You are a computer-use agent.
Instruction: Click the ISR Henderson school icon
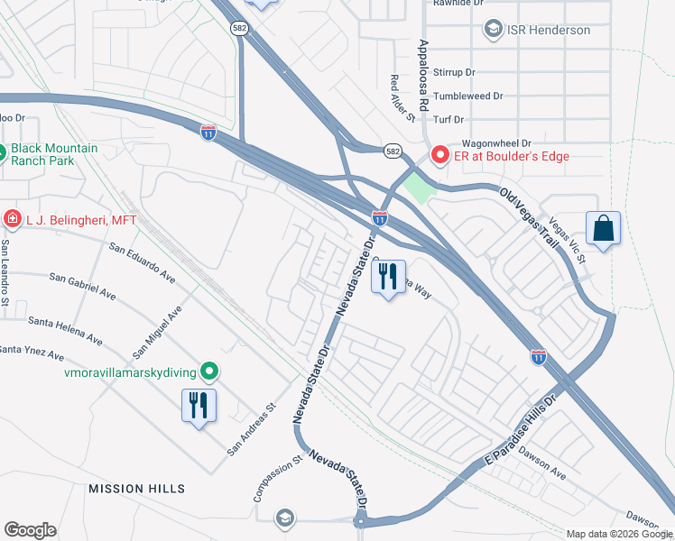point(493,30)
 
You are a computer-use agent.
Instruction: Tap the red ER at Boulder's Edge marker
point(440,156)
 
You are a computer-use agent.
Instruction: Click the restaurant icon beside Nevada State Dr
point(389,277)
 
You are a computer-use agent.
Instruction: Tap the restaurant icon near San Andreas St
point(199,405)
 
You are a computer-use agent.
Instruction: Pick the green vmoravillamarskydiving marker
point(209,370)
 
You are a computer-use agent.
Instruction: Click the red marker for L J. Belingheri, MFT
point(12,217)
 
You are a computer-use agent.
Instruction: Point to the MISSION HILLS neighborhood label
point(136,489)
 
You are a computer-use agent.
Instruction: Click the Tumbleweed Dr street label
point(467,96)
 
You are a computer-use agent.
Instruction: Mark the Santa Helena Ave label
point(65,329)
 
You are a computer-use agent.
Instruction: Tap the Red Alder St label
point(402,98)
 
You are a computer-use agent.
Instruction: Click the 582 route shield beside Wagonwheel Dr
point(392,151)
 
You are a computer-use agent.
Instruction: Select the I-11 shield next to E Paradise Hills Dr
point(538,357)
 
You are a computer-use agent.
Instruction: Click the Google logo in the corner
point(30,530)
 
